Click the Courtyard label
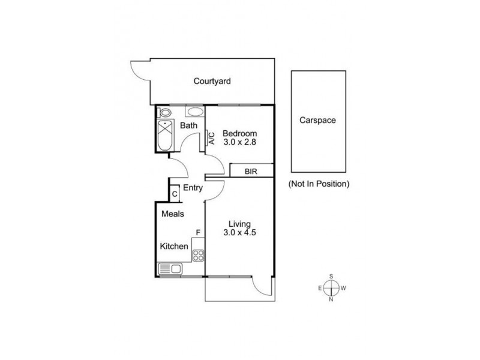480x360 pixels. [212, 82]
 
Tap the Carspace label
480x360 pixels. [317, 121]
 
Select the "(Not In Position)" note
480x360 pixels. [319, 184]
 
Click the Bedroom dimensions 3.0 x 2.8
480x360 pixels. [239, 142]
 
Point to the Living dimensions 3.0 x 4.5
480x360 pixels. [239, 232]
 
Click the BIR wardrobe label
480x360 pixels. [251, 172]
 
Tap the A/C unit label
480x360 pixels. [212, 138]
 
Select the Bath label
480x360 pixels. [188, 125]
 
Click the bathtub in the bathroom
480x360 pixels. [166, 135]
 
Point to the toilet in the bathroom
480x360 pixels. [164, 113]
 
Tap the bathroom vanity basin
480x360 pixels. [195, 112]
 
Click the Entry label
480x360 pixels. [193, 188]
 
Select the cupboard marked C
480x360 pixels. [175, 194]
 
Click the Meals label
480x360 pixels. [173, 214]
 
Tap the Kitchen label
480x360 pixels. [174, 246]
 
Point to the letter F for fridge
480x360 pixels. [198, 233]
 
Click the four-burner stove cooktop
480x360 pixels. [198, 256]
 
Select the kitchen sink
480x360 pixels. [170, 269]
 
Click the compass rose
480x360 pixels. [331, 288]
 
